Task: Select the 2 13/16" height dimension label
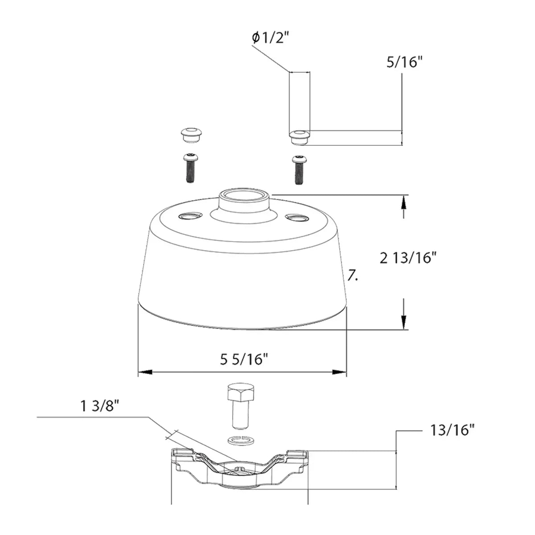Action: click(407, 258)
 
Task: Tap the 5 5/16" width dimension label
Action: click(244, 359)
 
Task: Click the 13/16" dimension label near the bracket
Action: click(453, 430)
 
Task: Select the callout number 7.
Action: click(353, 277)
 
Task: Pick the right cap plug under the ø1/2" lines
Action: click(299, 136)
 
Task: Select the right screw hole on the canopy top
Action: click(297, 218)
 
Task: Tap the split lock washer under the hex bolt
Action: click(240, 440)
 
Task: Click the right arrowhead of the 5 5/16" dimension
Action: click(342, 372)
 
